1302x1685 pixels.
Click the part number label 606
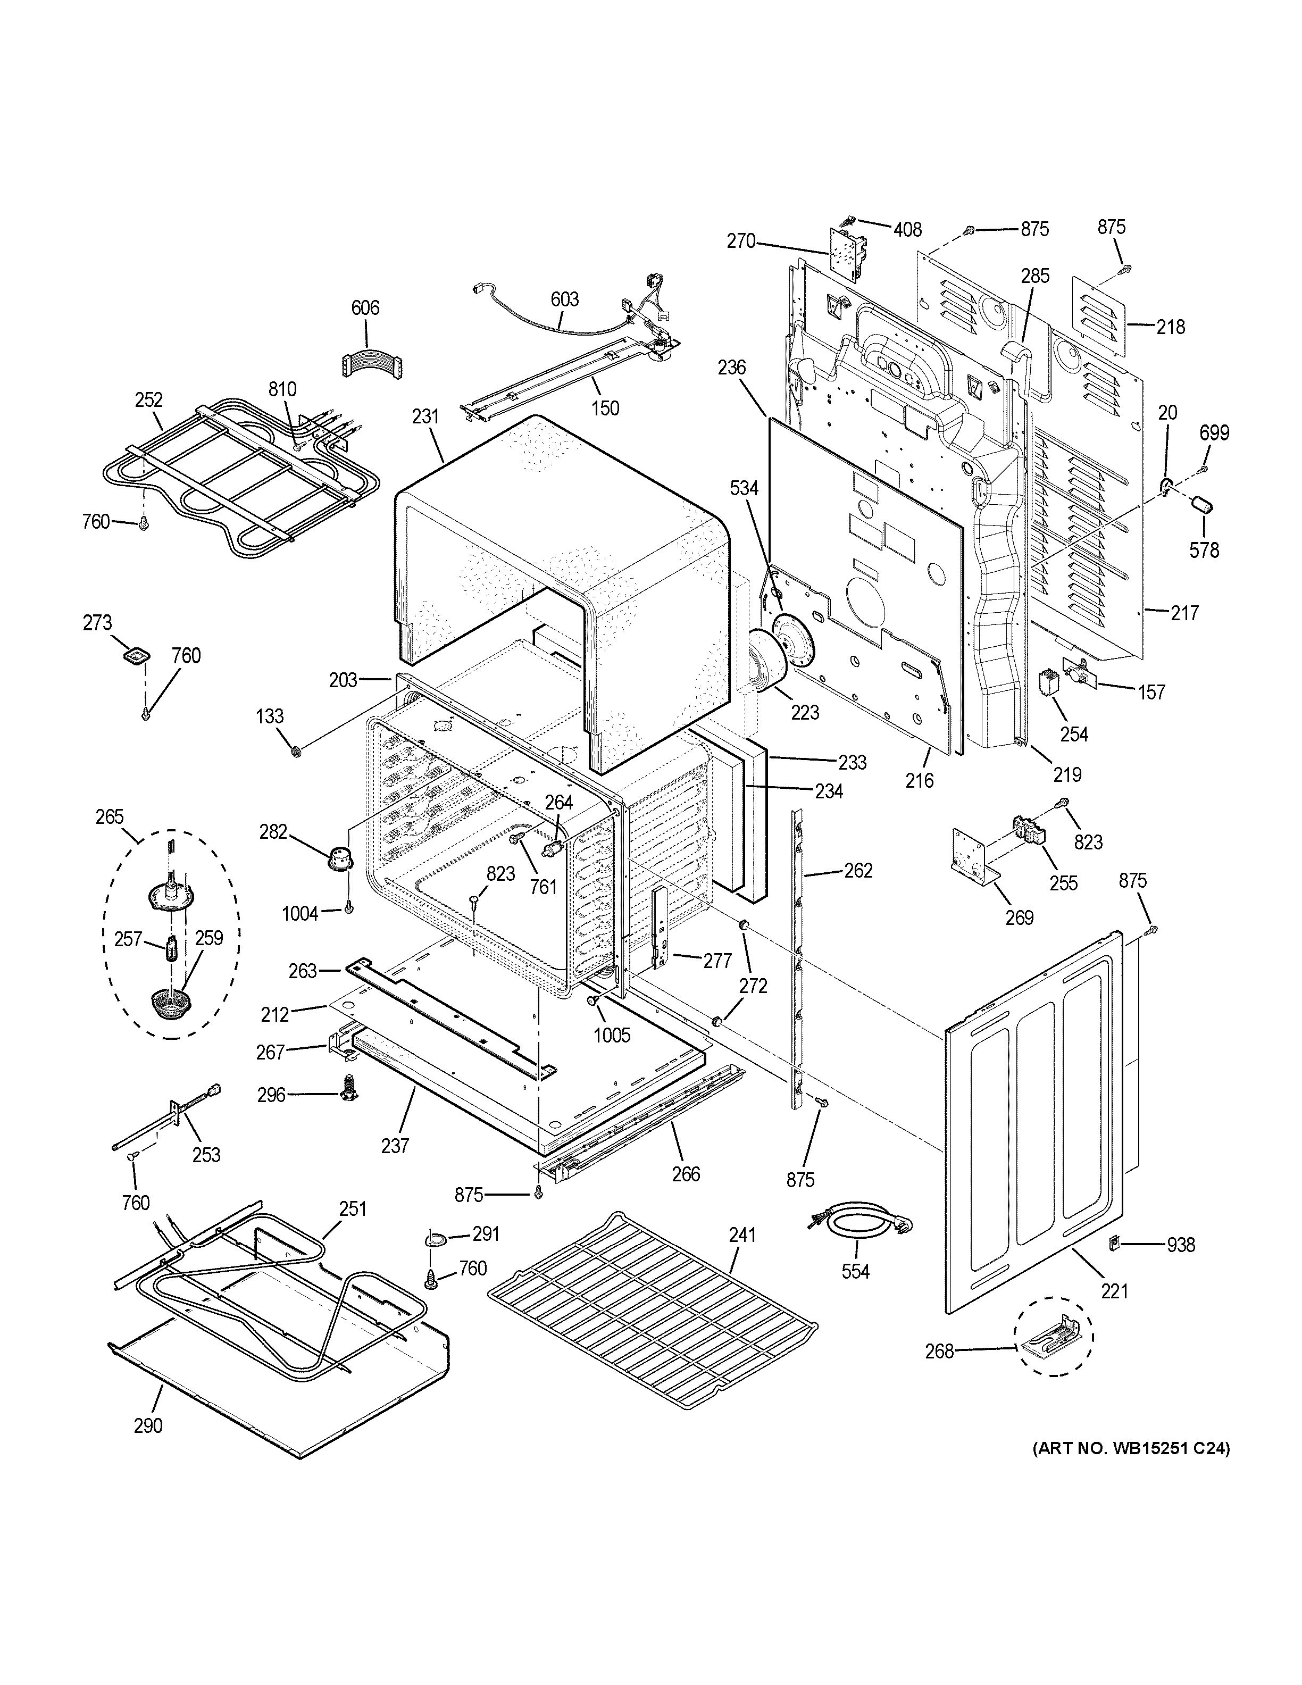[x=365, y=308]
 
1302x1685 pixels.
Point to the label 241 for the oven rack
[x=741, y=1234]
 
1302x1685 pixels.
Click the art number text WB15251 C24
[x=1131, y=1448]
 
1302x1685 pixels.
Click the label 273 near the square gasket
[x=97, y=623]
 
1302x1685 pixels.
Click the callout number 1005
[x=612, y=1034]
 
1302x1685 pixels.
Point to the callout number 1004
[x=300, y=913]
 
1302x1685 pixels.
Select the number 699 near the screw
[x=1214, y=433]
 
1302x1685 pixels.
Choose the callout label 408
[x=908, y=229]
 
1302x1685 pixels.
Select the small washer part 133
[x=295, y=750]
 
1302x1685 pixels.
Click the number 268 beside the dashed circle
[x=939, y=1350]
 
